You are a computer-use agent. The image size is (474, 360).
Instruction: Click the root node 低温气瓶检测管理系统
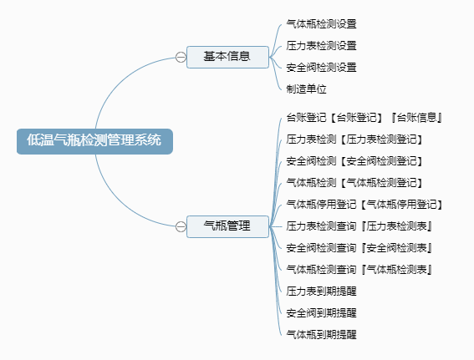(x=94, y=141)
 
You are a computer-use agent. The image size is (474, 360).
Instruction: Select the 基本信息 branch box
(x=227, y=57)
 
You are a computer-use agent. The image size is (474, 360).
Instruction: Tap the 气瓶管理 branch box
(x=227, y=226)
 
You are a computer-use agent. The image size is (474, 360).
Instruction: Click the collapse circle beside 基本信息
(x=181, y=57)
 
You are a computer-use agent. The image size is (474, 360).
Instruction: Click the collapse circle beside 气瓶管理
(x=181, y=226)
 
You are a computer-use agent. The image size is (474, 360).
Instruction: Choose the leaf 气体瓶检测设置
(x=321, y=24)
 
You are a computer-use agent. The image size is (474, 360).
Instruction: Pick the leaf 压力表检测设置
(x=321, y=46)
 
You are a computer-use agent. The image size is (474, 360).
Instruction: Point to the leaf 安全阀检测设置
(x=321, y=68)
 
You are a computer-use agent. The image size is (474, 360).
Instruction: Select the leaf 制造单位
(x=306, y=89)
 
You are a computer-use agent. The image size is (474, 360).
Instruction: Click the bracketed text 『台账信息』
(x=416, y=118)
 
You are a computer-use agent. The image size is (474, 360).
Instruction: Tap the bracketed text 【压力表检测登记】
(x=381, y=139)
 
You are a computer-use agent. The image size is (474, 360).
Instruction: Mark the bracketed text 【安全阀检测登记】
(x=381, y=161)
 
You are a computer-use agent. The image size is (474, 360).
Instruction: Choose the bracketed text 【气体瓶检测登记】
(x=381, y=183)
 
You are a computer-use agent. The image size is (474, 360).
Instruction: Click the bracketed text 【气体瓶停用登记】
(x=402, y=205)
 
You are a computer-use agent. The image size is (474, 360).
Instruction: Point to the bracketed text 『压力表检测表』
(x=396, y=226)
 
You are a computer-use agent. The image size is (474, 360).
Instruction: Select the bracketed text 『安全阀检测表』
(x=396, y=248)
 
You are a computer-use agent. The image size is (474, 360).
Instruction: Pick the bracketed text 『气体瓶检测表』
(x=396, y=270)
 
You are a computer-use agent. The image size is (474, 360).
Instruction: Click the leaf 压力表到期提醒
(x=321, y=292)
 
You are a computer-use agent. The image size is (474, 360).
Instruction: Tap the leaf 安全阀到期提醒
(x=321, y=313)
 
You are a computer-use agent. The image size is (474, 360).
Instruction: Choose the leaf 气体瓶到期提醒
(x=321, y=335)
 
